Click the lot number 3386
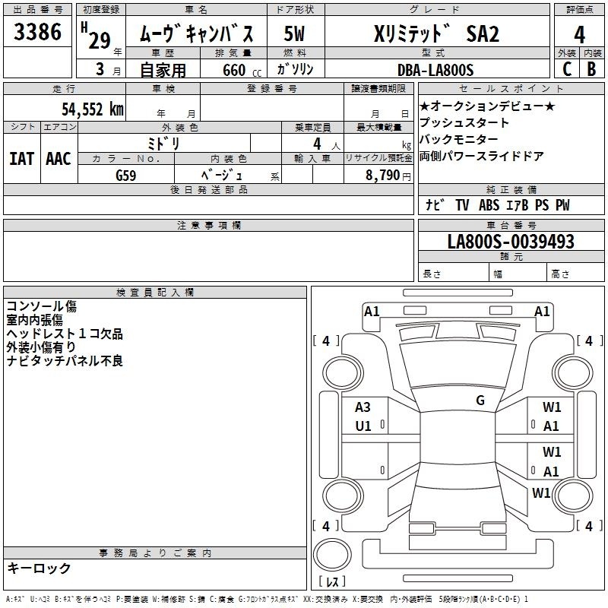pos(37,32)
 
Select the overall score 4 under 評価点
pos(579,35)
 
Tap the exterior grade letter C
pos(567,69)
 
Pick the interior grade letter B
pos(591,69)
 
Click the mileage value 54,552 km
pos(93,109)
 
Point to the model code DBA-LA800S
pos(435,70)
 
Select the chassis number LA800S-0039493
pos(511,241)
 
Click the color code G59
pos(126,176)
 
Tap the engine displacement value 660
pos(234,70)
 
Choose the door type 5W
pos(294,33)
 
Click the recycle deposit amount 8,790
pos(382,175)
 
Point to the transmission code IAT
pos(21,159)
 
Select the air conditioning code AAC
pos(59,159)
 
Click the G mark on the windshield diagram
pos(480,401)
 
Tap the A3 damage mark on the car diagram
pos(363,407)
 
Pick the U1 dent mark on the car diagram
pos(363,426)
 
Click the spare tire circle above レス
pos(332,555)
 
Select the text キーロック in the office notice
pos(39,568)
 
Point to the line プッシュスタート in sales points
pos(464,122)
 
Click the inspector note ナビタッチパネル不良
pos(65,360)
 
